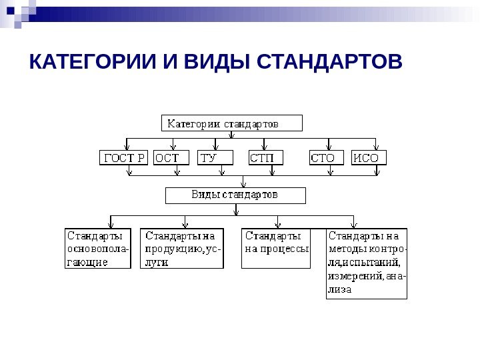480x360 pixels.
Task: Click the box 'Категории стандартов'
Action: pyautogui.click(x=232, y=123)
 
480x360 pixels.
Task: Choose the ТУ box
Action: pyautogui.click(x=216, y=158)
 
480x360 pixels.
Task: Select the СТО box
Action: pyautogui.click(x=327, y=158)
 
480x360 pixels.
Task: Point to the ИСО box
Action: pyautogui.click(x=369, y=158)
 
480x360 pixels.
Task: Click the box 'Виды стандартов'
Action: pyautogui.click(x=235, y=195)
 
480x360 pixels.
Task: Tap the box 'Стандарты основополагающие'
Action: pyautogui.click(x=98, y=249)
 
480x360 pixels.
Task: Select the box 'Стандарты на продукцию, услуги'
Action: pyautogui.click(x=182, y=249)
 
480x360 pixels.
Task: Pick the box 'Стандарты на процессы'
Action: pyautogui.click(x=276, y=249)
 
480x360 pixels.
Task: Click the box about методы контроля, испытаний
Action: pyautogui.click(x=367, y=263)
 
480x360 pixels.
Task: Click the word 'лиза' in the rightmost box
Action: pyautogui.click(x=339, y=290)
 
